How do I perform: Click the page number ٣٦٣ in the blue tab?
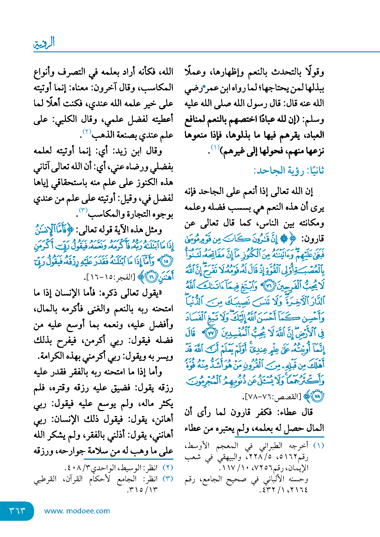click(x=17, y=511)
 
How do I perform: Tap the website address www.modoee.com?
click(x=77, y=511)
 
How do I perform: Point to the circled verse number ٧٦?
click(x=268, y=286)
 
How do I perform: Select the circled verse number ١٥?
click(x=166, y=261)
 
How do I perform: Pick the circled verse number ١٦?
click(x=152, y=277)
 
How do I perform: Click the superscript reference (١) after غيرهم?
click(x=215, y=147)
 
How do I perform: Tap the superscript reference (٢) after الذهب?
click(x=86, y=132)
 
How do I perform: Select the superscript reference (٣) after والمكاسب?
click(x=83, y=211)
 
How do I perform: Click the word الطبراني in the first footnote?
click(x=273, y=446)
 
